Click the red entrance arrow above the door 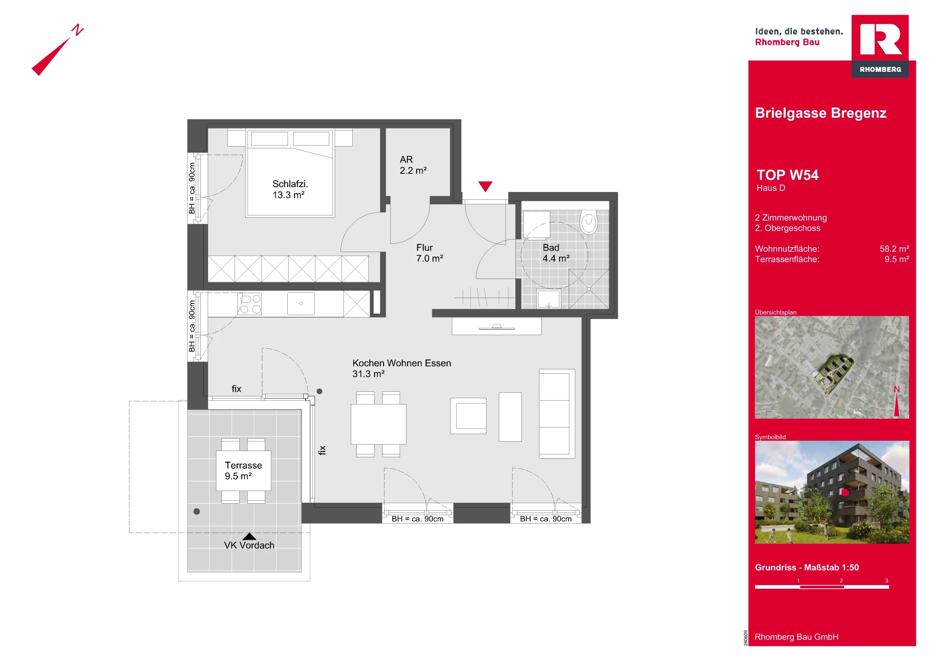(485, 186)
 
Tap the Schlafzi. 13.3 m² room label (290, 189)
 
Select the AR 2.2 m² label (413, 165)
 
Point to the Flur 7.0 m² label (429, 253)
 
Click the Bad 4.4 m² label (556, 253)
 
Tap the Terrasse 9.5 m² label (243, 471)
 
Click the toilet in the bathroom (589, 222)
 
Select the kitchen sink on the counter (301, 303)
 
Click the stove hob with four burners (250, 303)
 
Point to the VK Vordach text (249, 545)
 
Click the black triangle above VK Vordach (249, 536)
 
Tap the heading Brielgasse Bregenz (821, 113)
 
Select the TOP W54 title (788, 175)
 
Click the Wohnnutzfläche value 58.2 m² (894, 249)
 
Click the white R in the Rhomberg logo (880, 39)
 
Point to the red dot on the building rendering (845, 492)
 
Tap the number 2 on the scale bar (841, 580)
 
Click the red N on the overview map (896, 389)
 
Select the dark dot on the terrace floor (196, 512)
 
